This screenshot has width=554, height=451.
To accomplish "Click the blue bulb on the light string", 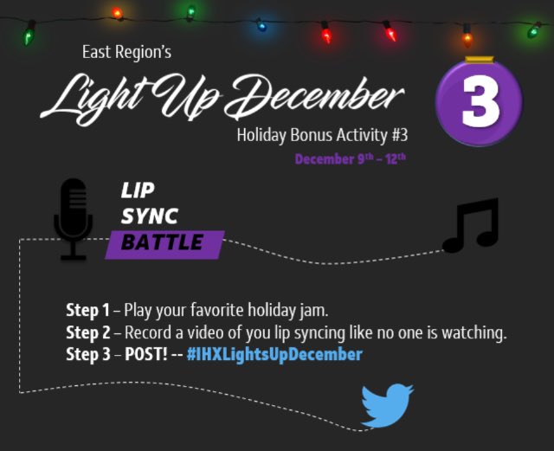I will coord(261,27).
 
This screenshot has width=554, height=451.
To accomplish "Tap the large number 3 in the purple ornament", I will coord(480,102).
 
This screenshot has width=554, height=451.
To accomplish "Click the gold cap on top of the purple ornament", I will coord(480,60).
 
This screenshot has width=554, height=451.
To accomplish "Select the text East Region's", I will coord(127,53).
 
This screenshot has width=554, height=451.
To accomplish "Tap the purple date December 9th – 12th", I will coord(350,159).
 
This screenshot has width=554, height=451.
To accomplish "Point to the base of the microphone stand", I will coord(74,255).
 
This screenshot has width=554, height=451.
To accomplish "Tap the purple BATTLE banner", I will coord(164,243).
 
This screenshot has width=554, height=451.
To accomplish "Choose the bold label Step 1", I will coord(89,310).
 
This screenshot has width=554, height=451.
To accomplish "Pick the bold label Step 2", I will coord(89,332).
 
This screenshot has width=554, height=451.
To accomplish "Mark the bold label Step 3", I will coord(89,355).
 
